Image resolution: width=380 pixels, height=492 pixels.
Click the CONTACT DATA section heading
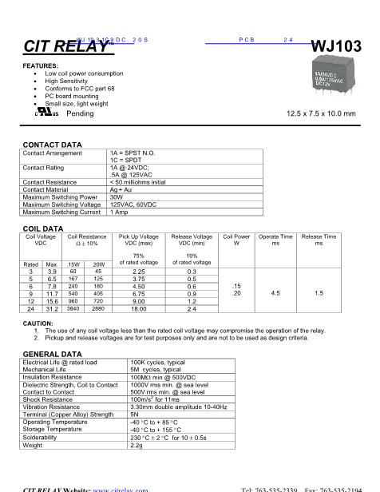pos(52,145)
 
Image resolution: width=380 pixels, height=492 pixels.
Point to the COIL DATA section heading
pos(42,229)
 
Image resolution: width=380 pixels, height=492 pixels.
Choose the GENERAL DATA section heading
pos(52,353)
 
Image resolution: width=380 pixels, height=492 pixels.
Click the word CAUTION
pos(38,323)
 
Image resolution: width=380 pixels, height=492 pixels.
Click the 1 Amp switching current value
pos(119,212)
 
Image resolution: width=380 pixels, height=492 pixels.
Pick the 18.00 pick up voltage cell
pos(138,308)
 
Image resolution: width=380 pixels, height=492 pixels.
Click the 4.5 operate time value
pos(275,293)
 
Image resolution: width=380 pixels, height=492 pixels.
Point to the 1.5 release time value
pos(319,293)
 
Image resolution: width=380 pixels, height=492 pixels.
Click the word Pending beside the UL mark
pos(80,113)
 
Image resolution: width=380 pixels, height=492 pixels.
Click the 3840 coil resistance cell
pos(73,308)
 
